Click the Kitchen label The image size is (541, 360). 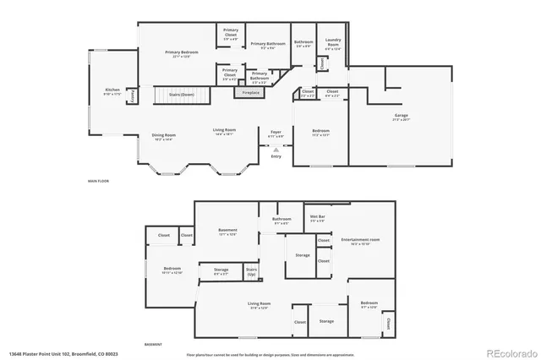pyautogui.click(x=112, y=90)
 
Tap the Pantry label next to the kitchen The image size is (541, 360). pyautogui.click(x=133, y=95)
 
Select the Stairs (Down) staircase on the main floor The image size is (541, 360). pyautogui.click(x=176, y=95)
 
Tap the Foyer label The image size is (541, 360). pyautogui.click(x=276, y=133)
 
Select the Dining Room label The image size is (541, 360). pyautogui.click(x=163, y=137)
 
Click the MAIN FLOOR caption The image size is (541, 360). pyautogui.click(x=98, y=181)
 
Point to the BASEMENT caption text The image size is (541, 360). pyautogui.click(x=153, y=345)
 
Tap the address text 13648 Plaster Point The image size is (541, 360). pyautogui.click(x=63, y=353)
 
